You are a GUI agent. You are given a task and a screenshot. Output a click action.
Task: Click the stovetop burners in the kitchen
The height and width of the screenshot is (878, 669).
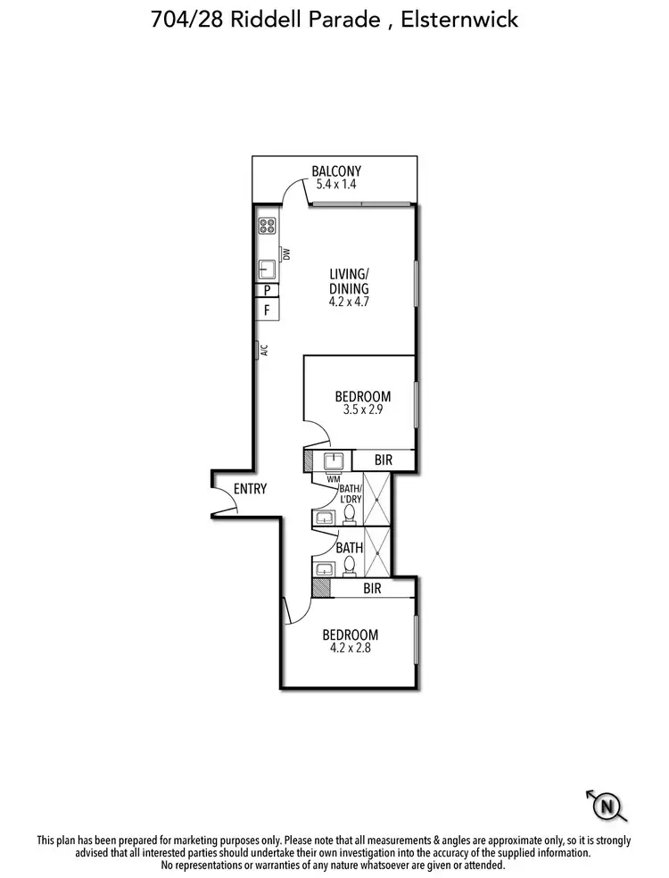pyautogui.click(x=267, y=226)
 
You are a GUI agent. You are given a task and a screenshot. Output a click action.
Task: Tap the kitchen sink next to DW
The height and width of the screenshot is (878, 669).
pyautogui.click(x=266, y=268)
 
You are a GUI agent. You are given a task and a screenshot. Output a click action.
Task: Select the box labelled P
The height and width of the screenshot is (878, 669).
pyautogui.click(x=267, y=290)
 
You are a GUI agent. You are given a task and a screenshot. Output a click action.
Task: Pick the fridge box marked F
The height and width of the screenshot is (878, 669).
pyautogui.click(x=267, y=311)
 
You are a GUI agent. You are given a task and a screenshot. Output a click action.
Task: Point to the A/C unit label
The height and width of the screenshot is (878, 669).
pyautogui.click(x=263, y=350)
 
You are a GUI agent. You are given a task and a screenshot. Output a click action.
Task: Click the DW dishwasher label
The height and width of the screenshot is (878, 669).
pyautogui.click(x=286, y=254)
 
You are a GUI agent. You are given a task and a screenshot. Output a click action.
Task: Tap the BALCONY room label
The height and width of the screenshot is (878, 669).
pyautogui.click(x=336, y=172)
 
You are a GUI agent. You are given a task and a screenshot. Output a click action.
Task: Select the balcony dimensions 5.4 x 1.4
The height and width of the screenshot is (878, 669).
pyautogui.click(x=336, y=186)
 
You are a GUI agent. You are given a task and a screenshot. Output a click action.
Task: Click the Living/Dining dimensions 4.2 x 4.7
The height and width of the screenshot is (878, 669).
pyautogui.click(x=349, y=302)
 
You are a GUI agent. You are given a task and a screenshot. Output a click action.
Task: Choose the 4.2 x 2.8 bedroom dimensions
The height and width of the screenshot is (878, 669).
pyautogui.click(x=351, y=649)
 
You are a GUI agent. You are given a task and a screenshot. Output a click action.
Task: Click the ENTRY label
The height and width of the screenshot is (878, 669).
pyautogui.click(x=250, y=489)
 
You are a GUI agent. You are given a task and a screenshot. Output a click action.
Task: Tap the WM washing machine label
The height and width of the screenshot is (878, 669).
pyautogui.click(x=334, y=480)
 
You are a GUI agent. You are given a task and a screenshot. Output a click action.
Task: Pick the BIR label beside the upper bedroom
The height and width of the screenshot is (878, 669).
pyautogui.click(x=384, y=460)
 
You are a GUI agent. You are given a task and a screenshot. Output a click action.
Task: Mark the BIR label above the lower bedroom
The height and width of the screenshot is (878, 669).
pyautogui.click(x=373, y=589)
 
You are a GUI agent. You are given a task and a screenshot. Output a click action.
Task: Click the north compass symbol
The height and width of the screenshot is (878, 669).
pyautogui.click(x=607, y=807)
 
